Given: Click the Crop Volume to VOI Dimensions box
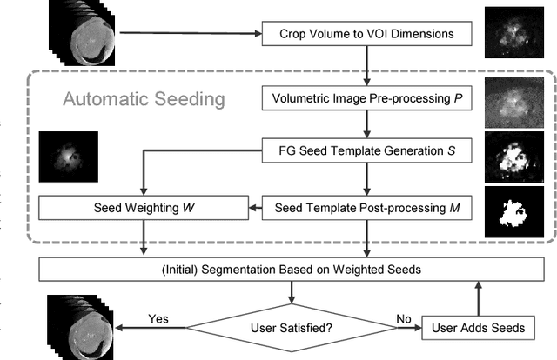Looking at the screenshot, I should click(x=366, y=35).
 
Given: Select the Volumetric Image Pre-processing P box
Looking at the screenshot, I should click(x=366, y=97).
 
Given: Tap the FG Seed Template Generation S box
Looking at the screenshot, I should click(x=366, y=152).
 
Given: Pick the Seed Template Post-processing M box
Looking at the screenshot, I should click(x=366, y=209).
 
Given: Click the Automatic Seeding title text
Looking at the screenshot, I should click(x=144, y=98).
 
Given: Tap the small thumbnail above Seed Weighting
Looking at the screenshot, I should click(x=68, y=154).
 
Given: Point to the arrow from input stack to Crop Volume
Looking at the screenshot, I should click(x=191, y=35).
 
